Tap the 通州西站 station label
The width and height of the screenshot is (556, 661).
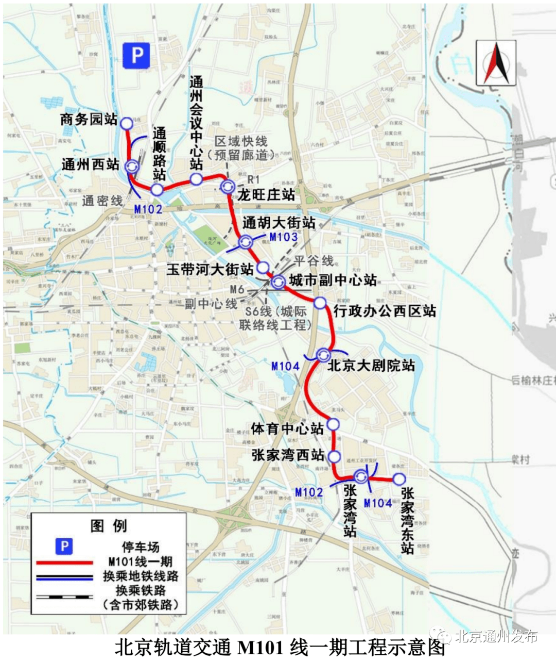90,164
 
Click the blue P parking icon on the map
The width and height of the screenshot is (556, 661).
136,56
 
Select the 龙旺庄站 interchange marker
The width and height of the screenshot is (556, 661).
226,186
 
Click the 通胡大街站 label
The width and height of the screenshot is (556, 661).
279,223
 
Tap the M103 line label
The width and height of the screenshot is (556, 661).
284,237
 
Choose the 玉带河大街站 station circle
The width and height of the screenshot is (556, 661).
263,267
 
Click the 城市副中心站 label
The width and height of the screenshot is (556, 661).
333,280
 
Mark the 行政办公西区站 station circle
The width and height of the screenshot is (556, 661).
320,303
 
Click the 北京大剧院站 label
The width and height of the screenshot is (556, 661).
371,366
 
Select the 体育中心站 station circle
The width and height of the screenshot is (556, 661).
334,424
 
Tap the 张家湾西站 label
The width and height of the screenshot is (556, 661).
288,455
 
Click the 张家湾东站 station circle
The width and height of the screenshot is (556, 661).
399,479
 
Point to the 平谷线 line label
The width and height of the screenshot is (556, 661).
314,261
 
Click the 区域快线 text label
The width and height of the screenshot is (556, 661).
241,141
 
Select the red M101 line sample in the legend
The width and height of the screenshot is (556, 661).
65,562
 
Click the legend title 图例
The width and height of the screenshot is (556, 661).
108,526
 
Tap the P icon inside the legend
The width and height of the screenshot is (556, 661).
64,547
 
